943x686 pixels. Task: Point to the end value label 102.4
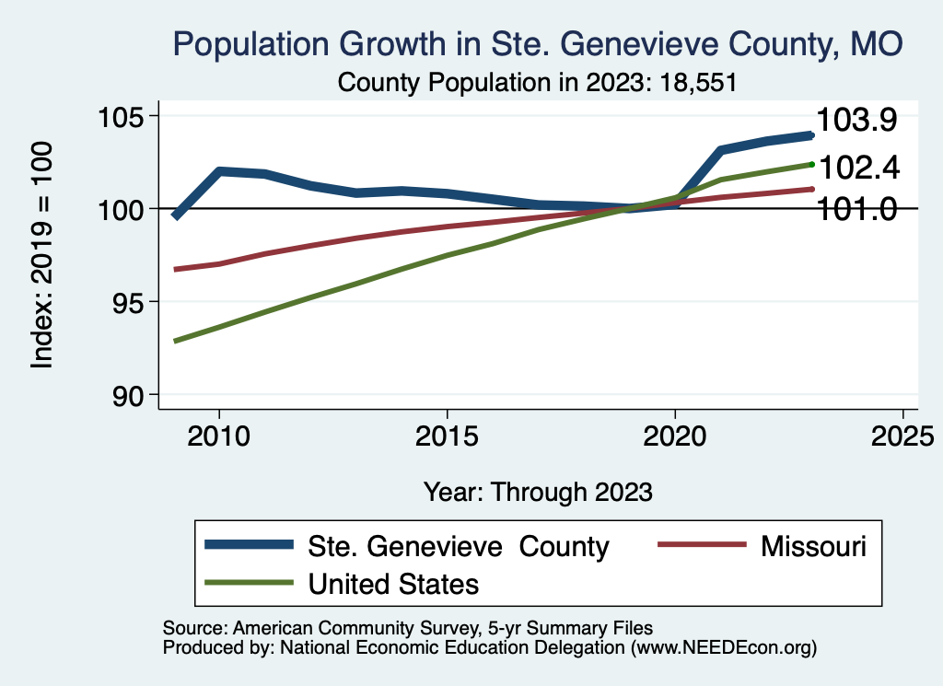click(858, 169)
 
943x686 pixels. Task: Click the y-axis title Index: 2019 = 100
click(41, 255)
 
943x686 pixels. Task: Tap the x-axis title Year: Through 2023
click(538, 491)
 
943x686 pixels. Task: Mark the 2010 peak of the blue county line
click(219, 171)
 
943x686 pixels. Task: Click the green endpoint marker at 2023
click(811, 164)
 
